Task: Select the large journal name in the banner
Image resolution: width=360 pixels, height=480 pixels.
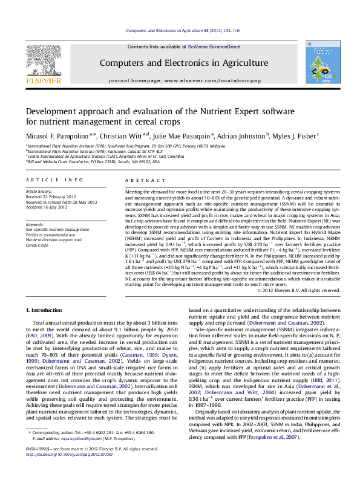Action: (183, 63)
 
